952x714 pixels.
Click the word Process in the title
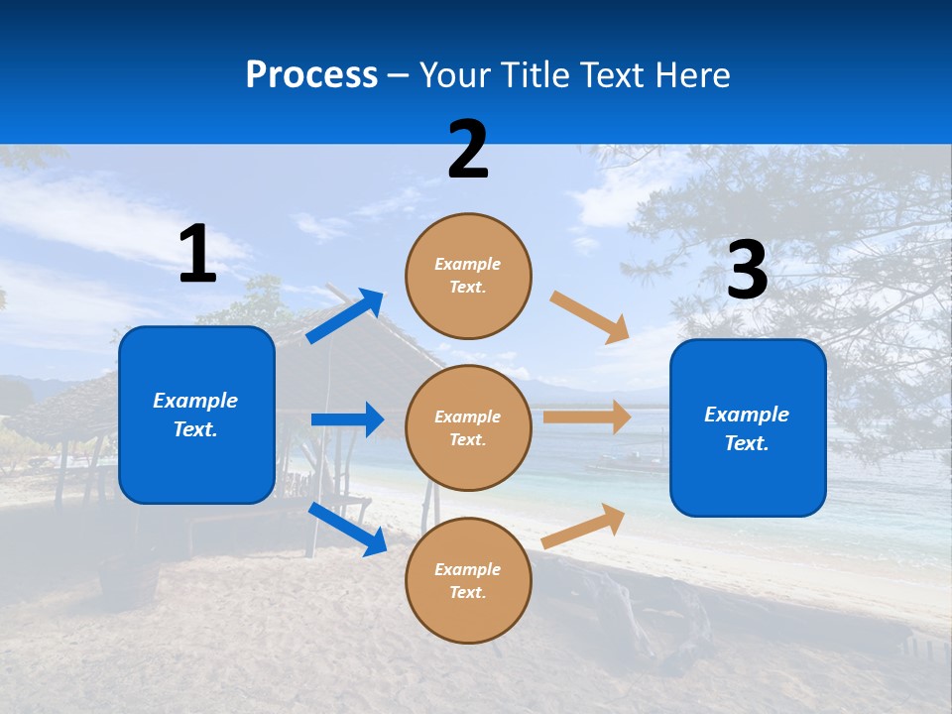[311, 74]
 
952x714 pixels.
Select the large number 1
[197, 255]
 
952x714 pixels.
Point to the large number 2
[468, 150]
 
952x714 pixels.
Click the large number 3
[747, 270]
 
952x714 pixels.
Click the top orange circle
[468, 276]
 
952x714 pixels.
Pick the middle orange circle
[468, 427]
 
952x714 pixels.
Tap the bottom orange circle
[468, 580]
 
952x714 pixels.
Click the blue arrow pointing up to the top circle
[345, 316]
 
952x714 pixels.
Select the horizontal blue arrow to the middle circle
[347, 419]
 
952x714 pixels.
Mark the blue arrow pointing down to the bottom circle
[348, 529]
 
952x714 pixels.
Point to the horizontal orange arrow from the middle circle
[587, 417]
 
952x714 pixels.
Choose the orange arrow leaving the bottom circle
[584, 526]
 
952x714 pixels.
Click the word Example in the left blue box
[195, 401]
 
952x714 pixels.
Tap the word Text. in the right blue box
[747, 443]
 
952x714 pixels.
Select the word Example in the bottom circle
[468, 569]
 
